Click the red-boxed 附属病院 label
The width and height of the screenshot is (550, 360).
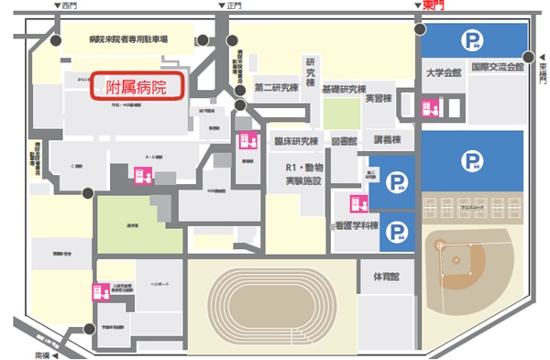click(137, 89)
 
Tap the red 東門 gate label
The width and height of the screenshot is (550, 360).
click(434, 5)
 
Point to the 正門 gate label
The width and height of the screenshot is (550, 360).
click(236, 5)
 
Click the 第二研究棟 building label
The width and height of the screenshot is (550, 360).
click(277, 88)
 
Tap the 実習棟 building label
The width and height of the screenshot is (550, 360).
click(378, 98)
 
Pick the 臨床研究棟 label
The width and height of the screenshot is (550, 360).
click(295, 141)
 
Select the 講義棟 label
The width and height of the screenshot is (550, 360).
click(388, 140)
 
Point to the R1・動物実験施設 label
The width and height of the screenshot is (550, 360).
click(303, 175)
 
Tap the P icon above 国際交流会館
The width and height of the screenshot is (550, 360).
click(473, 40)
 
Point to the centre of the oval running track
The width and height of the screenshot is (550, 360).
click(271, 305)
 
